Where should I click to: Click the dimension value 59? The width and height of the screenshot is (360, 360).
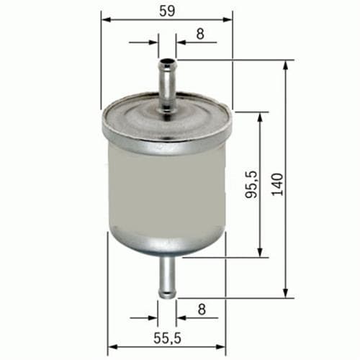167,9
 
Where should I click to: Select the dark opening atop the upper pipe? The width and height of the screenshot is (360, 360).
167,62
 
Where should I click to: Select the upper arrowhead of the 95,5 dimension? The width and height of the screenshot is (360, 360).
261,116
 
